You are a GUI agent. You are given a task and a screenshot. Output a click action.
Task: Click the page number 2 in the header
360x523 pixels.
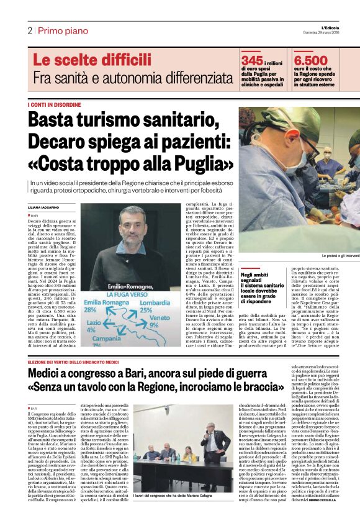pos(29,30)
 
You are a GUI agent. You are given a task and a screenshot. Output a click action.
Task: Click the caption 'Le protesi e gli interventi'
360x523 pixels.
pos(340,256)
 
